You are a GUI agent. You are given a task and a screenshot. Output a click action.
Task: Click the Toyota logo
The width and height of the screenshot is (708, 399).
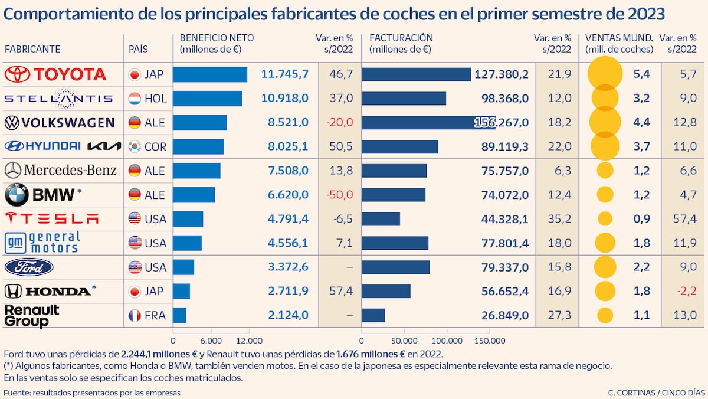(x=55, y=74)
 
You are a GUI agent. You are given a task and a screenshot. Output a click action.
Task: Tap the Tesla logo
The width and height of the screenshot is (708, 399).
(x=52, y=219)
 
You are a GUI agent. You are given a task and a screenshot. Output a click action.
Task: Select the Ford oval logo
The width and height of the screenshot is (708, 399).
(x=29, y=267)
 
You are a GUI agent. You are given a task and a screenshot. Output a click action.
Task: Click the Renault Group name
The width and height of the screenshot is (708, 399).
(x=32, y=316)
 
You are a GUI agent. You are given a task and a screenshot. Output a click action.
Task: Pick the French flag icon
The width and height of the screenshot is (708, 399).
(x=135, y=316)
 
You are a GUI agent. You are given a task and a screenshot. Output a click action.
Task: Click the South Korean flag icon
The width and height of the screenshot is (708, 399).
(x=135, y=146)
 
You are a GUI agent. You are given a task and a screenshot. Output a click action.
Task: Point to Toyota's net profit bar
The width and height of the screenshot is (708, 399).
(x=210, y=74)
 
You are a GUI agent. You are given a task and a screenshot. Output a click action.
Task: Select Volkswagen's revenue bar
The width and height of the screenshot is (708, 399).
(x=428, y=122)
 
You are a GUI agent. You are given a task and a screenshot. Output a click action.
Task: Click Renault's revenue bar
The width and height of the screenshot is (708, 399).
(x=373, y=315)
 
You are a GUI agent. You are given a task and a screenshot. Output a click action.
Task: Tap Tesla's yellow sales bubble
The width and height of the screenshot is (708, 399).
(x=605, y=219)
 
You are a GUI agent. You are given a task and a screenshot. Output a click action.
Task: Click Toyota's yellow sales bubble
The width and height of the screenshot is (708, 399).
(x=605, y=74)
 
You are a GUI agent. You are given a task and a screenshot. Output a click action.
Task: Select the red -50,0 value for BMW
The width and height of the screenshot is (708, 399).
(x=340, y=195)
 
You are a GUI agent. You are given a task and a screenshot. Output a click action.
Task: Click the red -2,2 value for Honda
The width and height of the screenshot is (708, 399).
(x=685, y=291)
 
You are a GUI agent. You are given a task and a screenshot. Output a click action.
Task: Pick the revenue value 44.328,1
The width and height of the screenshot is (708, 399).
(x=504, y=219)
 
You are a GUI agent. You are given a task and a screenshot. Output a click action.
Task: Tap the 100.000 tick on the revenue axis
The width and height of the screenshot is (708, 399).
(x=447, y=341)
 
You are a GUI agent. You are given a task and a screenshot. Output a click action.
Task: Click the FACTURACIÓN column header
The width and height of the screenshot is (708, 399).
(x=401, y=38)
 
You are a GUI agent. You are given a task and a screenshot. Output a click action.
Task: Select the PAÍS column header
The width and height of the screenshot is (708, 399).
(x=138, y=49)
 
